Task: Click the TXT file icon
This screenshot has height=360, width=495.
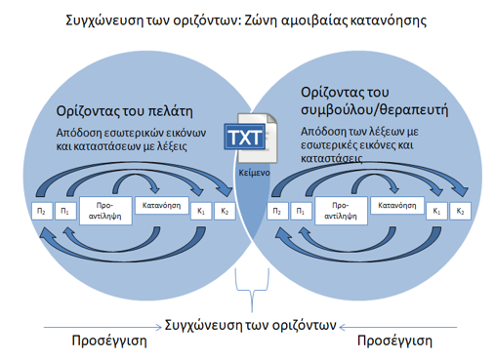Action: pyautogui.click(x=251, y=138)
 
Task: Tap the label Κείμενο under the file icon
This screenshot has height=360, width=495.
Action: pyautogui.click(x=254, y=173)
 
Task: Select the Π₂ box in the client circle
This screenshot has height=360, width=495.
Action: pyautogui.click(x=42, y=211)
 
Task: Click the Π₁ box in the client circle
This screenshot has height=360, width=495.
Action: pyautogui.click(x=65, y=211)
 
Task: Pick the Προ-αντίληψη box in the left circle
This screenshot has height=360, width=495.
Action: pyautogui.click(x=105, y=211)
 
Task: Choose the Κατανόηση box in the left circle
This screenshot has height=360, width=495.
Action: pyautogui.click(x=162, y=205)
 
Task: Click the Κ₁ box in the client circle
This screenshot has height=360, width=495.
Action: pyautogui.click(x=201, y=211)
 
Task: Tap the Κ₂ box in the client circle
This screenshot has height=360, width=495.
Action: pyautogui.click(x=225, y=211)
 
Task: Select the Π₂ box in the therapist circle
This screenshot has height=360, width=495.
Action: pyautogui.click(x=277, y=211)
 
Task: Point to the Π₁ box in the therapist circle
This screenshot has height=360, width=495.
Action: pyautogui.click(x=301, y=211)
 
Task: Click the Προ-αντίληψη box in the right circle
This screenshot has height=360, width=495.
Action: pyautogui.click(x=341, y=211)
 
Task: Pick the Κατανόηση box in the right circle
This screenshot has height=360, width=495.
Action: pyautogui.click(x=397, y=205)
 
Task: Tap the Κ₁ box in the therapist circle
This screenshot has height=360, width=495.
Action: pyautogui.click(x=436, y=211)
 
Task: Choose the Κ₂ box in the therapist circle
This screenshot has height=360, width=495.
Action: pyautogui.click(x=460, y=211)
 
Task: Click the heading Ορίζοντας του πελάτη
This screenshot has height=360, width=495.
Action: pyautogui.click(x=124, y=111)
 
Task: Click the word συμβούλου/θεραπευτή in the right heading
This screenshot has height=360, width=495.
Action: pyautogui.click(x=374, y=110)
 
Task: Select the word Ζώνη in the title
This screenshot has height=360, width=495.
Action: pyautogui.click(x=260, y=20)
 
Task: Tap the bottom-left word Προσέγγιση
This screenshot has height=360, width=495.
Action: pyautogui.click(x=109, y=341)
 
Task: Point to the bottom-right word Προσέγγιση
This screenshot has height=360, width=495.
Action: pyautogui.click(x=394, y=341)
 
